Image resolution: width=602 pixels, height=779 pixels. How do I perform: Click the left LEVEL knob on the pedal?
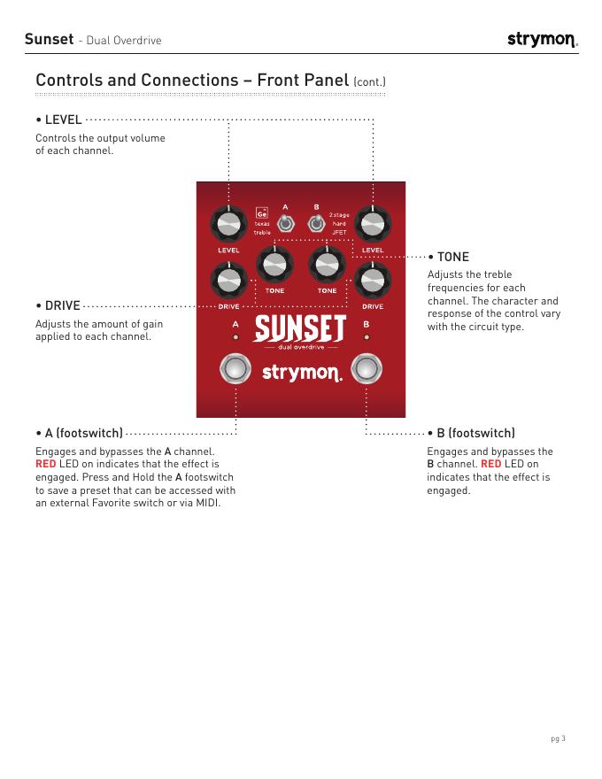tap(228, 226)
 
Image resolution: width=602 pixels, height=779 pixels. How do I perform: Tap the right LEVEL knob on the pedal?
tap(373, 226)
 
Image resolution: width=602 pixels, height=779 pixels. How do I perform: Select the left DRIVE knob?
tap(228, 282)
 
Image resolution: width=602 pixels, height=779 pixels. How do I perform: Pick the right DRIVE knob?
tap(373, 282)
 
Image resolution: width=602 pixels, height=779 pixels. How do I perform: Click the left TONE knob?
tap(274, 264)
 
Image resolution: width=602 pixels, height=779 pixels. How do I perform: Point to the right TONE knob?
tap(327, 264)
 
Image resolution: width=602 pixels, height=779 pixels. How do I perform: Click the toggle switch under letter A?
tap(285, 224)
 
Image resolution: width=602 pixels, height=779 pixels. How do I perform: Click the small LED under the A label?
tap(235, 338)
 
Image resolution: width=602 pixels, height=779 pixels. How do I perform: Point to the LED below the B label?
tap(366, 338)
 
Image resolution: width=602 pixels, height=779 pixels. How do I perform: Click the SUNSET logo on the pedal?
tap(300, 329)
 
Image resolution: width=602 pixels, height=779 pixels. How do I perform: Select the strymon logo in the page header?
tap(542, 40)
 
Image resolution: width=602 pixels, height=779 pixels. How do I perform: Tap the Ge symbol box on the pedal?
tap(262, 213)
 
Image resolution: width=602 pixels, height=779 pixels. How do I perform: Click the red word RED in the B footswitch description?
tap(491, 464)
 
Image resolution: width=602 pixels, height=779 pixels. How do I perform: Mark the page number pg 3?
tap(558, 738)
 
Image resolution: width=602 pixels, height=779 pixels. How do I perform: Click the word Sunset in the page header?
tap(49, 39)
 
